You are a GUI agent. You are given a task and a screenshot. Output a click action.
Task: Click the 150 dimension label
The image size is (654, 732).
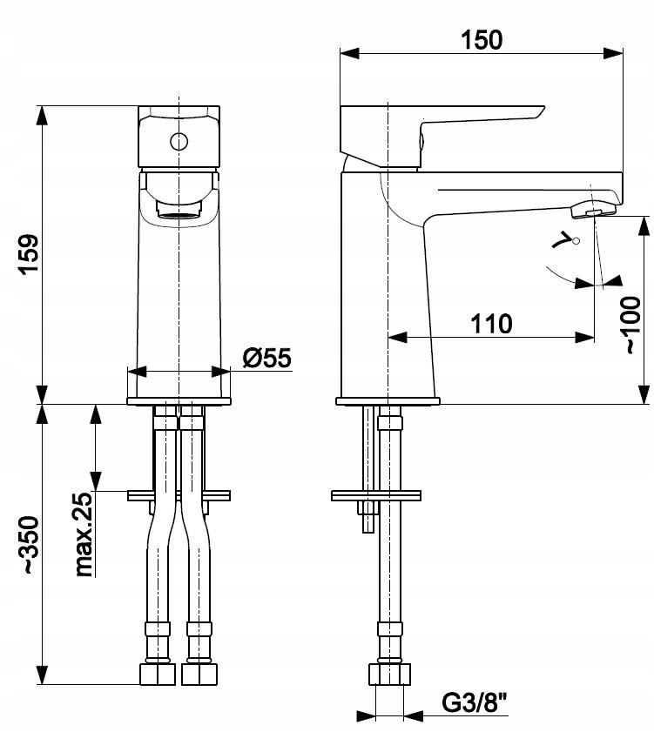click(x=481, y=40)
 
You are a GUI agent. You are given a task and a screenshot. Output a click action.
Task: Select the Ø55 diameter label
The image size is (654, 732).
click(x=265, y=357)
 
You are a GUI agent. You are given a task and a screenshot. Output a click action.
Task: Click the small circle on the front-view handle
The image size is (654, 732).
click(x=179, y=141)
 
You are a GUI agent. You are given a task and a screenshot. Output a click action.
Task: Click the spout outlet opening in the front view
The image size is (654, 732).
click(x=179, y=212)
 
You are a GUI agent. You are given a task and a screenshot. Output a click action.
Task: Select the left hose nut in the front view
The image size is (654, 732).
click(x=159, y=674)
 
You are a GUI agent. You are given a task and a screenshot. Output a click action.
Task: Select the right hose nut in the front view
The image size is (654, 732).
click(x=199, y=674)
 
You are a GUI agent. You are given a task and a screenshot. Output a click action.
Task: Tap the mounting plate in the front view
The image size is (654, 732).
click(x=179, y=496)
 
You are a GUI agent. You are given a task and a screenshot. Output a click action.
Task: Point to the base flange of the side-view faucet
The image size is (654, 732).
click(x=388, y=401)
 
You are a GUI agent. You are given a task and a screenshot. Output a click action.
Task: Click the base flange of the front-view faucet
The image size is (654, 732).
click(x=179, y=401)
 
